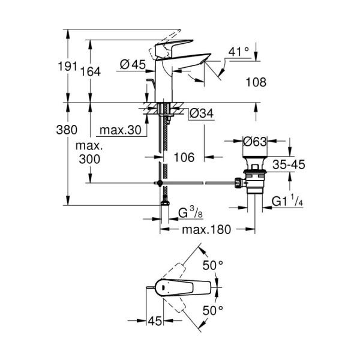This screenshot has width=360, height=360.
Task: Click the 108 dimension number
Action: pyautogui.click(x=256, y=83)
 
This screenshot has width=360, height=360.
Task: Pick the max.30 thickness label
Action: pyautogui.click(x=120, y=130)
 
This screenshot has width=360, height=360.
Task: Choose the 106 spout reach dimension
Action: pyautogui.click(x=184, y=157)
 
